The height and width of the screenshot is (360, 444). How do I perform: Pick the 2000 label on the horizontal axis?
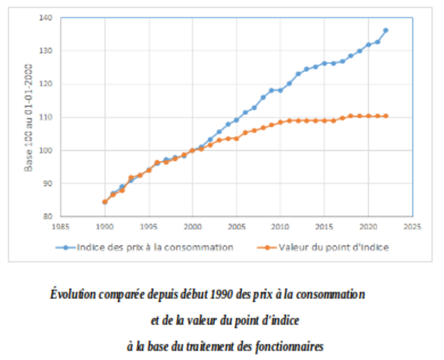(193, 226)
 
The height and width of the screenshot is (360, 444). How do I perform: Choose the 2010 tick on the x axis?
(281, 226)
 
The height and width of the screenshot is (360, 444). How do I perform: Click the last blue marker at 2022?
(386, 30)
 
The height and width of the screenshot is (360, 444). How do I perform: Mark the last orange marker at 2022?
(386, 116)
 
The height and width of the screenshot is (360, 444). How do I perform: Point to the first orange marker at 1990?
(105, 201)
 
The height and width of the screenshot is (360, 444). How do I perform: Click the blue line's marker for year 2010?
(281, 90)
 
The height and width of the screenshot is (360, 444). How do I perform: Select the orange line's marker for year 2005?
(236, 138)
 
